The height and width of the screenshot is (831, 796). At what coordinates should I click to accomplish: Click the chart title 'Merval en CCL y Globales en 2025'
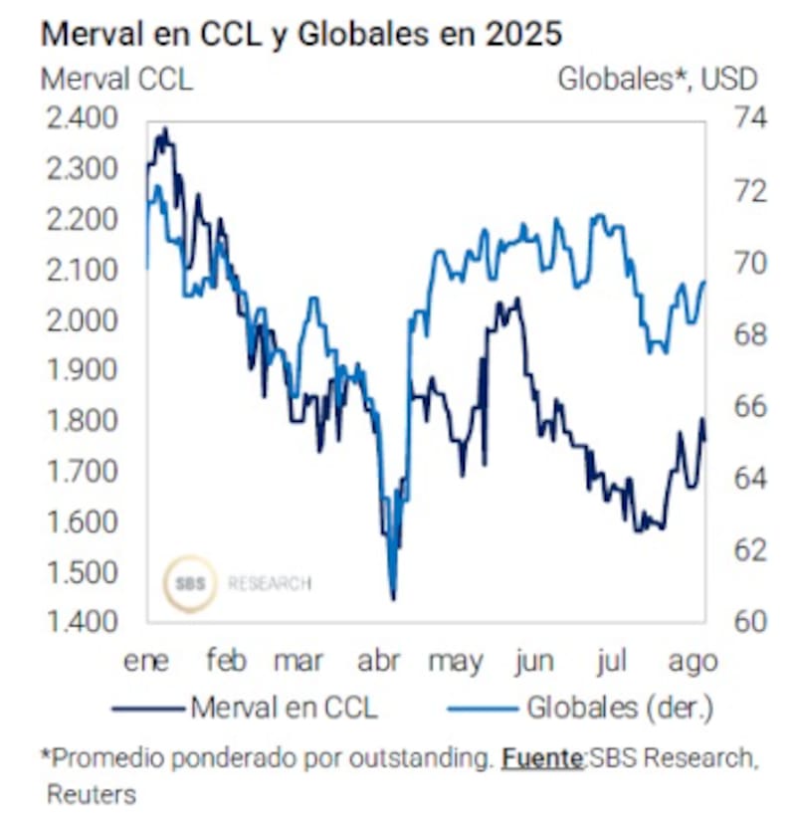coord(300,34)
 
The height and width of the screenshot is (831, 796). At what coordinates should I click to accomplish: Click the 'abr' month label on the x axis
coord(378,662)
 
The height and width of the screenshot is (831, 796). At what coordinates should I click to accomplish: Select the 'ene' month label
coord(146,662)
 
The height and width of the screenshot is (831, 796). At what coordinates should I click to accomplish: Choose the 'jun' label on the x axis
coord(535,662)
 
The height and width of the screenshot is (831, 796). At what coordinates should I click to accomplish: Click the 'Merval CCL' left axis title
coord(116,79)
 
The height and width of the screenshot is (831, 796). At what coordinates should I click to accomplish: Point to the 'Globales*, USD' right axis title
coord(657,79)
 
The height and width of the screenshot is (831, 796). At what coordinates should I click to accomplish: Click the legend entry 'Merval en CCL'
coord(284,708)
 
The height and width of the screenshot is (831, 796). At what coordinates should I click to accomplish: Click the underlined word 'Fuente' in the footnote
coord(542,758)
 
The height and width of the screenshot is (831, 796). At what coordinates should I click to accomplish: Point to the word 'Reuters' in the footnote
coord(91,794)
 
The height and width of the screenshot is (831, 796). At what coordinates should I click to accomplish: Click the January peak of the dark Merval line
coord(164,128)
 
